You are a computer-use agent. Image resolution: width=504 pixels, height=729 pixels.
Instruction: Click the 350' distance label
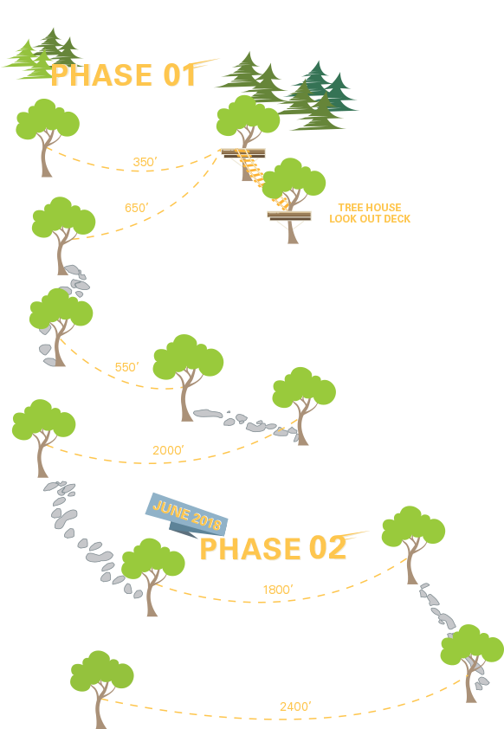[145, 162]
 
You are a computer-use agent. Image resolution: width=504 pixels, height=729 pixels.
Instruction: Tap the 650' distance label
[136, 208]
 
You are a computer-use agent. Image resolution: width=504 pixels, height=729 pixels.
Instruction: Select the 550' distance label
[126, 367]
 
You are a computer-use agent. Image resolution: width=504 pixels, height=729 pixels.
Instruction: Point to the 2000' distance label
[168, 450]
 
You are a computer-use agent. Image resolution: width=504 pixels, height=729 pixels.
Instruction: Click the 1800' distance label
[277, 590]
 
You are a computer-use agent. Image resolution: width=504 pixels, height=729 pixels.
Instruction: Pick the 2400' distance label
[295, 706]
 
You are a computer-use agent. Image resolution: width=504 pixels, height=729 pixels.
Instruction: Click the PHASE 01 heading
[124, 76]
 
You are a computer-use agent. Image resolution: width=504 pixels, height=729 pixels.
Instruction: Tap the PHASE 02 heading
[273, 549]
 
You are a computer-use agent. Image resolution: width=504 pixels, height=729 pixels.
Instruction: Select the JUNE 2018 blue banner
[187, 515]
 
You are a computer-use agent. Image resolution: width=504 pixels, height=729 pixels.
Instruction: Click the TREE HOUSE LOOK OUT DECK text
[370, 214]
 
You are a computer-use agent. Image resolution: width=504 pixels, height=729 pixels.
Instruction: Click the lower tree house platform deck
[288, 216]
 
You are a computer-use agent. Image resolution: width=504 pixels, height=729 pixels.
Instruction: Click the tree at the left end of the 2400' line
[101, 684]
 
